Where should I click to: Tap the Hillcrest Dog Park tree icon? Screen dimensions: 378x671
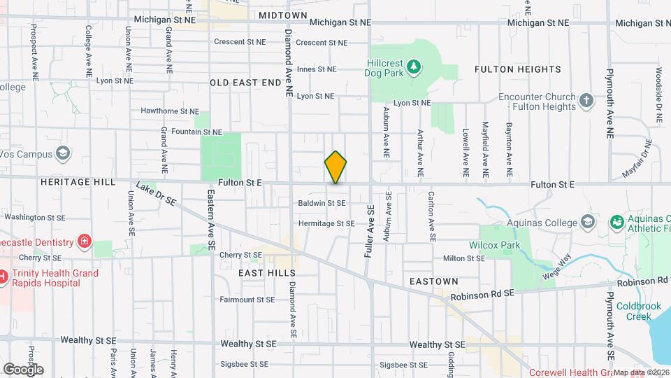pyautogui.click(x=415, y=66)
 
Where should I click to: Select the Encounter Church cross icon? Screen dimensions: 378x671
pyautogui.click(x=586, y=101)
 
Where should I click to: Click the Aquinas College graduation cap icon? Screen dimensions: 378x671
pyautogui.click(x=588, y=222)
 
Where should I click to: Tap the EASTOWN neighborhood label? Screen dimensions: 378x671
pyautogui.click(x=435, y=281)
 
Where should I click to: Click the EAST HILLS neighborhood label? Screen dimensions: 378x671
pyautogui.click(x=267, y=273)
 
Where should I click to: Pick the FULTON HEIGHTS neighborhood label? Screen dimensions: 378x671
pyautogui.click(x=517, y=69)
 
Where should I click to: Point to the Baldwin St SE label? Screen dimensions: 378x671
pyautogui.click(x=322, y=203)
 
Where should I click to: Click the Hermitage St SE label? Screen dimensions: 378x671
pyautogui.click(x=326, y=224)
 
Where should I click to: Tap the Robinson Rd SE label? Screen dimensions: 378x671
pyautogui.click(x=482, y=296)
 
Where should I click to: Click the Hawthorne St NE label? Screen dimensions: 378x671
pyautogui.click(x=170, y=111)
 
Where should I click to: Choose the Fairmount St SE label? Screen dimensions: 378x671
pyautogui.click(x=247, y=300)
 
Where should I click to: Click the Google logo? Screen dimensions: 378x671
pyautogui.click(x=23, y=369)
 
